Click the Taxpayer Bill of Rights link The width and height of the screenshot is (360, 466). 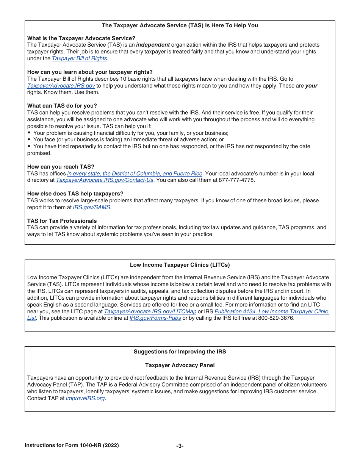(79, 58)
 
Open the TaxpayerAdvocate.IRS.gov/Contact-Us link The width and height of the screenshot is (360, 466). (105, 180)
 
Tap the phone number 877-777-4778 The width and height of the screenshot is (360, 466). (236, 180)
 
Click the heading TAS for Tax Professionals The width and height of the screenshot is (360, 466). (62, 221)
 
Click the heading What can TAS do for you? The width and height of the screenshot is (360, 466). (62, 106)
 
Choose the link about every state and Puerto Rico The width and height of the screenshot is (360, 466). (135, 174)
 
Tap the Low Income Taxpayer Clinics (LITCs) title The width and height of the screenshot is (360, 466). (180, 265)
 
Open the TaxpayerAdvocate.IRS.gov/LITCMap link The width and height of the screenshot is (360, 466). (150, 311)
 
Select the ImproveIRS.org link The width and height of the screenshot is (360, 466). (85, 399)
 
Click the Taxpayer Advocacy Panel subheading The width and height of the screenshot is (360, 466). (180, 365)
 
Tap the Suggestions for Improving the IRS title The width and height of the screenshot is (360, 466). (180, 352)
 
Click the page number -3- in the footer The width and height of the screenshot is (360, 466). (180, 446)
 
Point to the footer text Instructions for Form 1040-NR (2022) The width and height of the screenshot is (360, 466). (72, 446)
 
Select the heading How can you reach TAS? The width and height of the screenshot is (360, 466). (61, 167)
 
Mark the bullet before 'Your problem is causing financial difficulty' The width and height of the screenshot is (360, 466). (29, 133)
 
